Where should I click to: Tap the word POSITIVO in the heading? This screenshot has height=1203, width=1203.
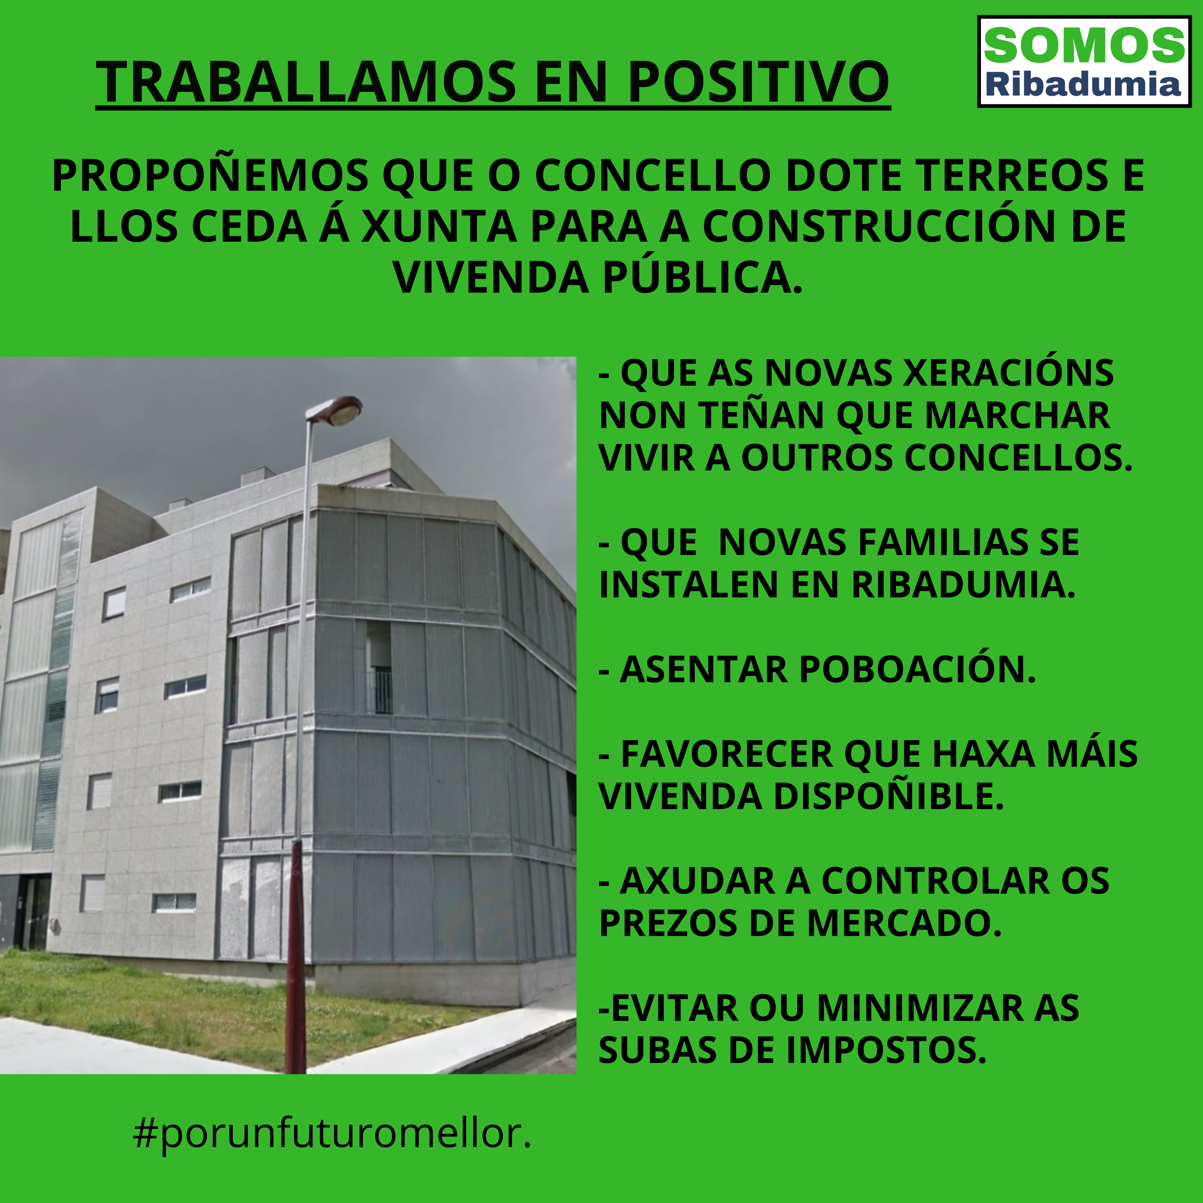(759, 82)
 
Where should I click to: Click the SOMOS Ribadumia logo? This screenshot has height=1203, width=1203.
(1084, 62)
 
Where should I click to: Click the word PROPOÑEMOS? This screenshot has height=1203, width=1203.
(210, 176)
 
